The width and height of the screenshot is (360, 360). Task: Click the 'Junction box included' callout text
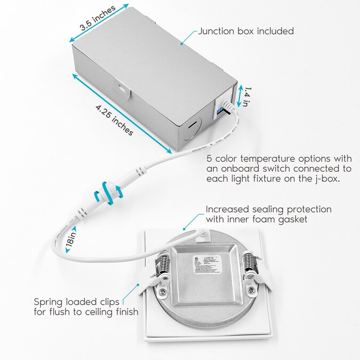(x=246, y=31)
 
